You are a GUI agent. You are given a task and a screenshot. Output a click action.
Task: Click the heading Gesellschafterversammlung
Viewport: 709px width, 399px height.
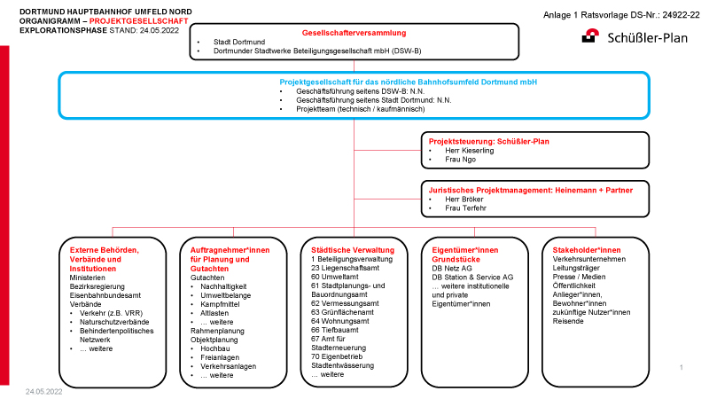pos(354,33)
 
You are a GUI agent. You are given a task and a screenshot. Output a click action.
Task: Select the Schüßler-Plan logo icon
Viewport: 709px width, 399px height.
pos(590,35)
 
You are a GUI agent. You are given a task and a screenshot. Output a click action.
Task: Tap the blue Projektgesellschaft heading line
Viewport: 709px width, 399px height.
pos(409,82)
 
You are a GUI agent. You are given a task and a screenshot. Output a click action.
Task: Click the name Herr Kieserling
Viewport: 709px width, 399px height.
pos(470,150)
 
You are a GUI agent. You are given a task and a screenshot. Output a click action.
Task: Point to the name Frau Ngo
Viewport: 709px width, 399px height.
pos(460,160)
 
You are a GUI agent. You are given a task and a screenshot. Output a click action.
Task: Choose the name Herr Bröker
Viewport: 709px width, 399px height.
pos(464,199)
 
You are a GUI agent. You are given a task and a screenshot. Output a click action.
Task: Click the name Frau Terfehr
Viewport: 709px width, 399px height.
pos(466,208)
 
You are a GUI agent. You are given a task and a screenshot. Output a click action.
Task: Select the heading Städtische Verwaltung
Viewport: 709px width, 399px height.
pos(353,250)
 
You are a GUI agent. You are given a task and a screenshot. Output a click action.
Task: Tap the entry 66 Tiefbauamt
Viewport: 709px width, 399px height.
pos(335,330)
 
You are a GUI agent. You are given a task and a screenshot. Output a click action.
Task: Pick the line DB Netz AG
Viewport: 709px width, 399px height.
pos(452,269)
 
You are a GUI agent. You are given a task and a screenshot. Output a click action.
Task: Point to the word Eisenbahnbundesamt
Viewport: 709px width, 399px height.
pos(105,295)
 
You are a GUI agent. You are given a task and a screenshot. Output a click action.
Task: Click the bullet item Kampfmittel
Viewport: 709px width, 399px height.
pos(220,304)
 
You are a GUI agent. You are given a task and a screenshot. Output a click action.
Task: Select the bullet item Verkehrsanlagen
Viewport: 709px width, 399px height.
pos(229,366)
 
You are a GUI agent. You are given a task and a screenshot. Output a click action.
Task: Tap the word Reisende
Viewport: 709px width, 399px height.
pos(568,321)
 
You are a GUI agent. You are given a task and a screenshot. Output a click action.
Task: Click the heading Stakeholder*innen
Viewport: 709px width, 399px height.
pos(587,250)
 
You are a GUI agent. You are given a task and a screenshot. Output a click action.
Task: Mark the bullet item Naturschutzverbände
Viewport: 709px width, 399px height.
pos(114,322)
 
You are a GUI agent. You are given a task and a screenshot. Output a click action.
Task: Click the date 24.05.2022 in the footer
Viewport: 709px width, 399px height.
pos(43,392)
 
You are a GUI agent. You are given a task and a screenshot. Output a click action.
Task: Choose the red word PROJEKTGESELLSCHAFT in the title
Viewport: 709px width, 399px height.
pos(139,20)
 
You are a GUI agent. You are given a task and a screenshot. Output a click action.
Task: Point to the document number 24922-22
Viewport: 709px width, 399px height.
pos(681,15)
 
